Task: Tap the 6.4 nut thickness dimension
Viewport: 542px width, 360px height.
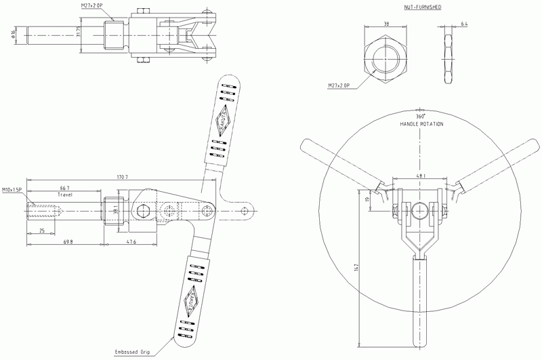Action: coord(464,24)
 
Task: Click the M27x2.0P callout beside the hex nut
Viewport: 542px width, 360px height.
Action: coord(338,86)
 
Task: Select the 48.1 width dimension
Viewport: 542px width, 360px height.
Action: coord(421,176)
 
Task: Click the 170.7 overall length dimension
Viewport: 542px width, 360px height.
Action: coord(123,177)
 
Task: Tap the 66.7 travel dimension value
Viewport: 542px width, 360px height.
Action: coord(66,187)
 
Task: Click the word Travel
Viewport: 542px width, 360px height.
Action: coord(66,194)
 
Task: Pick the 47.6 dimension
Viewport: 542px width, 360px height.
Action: coord(131,241)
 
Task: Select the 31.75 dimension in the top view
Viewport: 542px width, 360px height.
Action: coord(79,32)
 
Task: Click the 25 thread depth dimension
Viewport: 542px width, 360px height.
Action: coord(43,231)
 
